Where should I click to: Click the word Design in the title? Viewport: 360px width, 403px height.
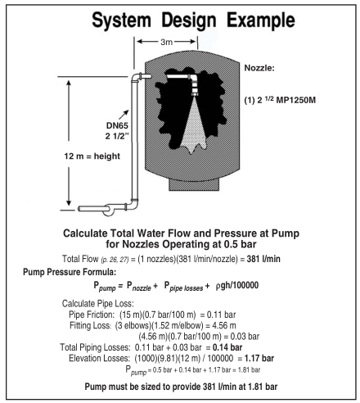click(x=189, y=20)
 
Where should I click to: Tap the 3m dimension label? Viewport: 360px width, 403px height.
click(x=166, y=42)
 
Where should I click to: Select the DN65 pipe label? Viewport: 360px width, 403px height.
click(x=117, y=125)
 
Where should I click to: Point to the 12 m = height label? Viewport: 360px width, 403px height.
click(x=92, y=156)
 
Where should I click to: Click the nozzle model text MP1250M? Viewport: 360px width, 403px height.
click(x=296, y=100)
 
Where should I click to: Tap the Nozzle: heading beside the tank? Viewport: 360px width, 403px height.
click(x=259, y=68)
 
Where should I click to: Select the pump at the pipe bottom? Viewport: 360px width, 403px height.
click(x=108, y=210)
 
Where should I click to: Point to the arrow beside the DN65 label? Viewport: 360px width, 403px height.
click(x=124, y=115)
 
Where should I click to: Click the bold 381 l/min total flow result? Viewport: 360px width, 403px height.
click(x=263, y=259)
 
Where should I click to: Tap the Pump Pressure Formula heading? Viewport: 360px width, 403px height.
click(x=70, y=272)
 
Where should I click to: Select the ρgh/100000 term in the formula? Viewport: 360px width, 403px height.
click(x=237, y=285)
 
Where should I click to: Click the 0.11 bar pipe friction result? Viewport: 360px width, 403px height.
click(x=221, y=315)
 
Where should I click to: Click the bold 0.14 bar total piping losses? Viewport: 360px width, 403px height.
click(x=227, y=347)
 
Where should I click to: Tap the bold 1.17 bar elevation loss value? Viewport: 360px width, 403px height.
click(x=259, y=358)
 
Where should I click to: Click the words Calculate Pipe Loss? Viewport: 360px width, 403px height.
click(x=98, y=303)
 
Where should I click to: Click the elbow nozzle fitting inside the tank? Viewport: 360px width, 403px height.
click(x=195, y=84)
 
